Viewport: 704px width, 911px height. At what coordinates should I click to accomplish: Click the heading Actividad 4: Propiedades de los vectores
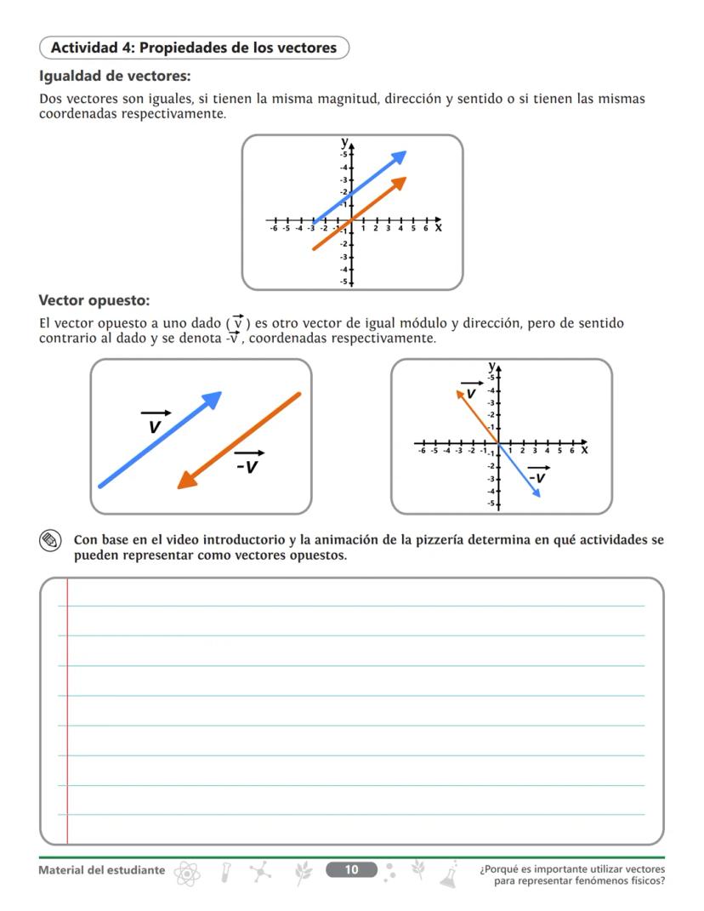coord(194,48)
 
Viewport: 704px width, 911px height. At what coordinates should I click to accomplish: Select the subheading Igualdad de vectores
coord(114,77)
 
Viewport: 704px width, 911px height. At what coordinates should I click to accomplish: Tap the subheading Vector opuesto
coord(94,300)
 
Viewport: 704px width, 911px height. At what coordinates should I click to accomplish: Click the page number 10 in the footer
coord(351,869)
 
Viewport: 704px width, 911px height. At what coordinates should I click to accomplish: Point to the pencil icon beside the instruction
coord(50,540)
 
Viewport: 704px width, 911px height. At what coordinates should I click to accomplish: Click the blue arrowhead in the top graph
coord(400,156)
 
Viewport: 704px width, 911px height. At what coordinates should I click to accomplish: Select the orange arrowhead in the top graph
coord(400,181)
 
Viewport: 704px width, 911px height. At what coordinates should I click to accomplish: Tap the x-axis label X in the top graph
coord(439,228)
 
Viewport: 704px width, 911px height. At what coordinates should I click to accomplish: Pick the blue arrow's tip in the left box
coord(214,397)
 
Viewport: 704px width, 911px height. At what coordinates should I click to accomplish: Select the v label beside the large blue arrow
coord(155,424)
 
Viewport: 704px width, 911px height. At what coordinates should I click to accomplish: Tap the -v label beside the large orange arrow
coord(248,464)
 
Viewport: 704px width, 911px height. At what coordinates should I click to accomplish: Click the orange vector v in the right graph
coord(477,416)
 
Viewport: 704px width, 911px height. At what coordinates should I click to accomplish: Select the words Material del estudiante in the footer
coord(102,870)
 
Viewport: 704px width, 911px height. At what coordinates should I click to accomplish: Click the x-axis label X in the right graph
coord(585,449)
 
